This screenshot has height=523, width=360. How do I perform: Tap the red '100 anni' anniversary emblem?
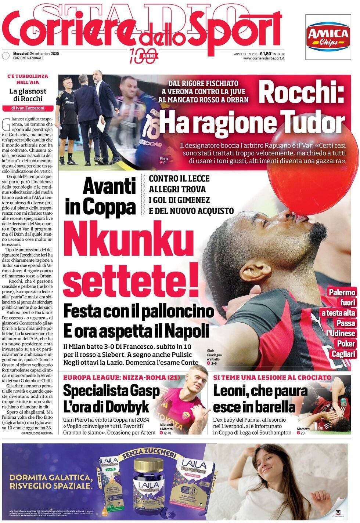143,56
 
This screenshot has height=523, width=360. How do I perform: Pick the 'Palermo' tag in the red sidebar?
342,293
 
